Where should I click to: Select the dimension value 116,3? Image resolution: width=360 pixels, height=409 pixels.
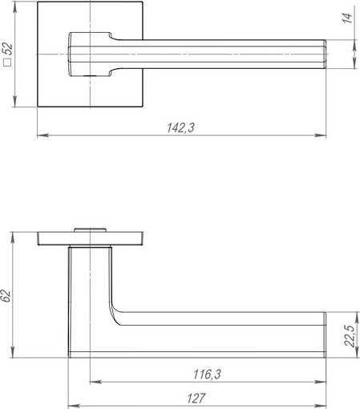pos(207,374)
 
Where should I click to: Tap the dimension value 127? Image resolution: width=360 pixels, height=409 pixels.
pos(196,398)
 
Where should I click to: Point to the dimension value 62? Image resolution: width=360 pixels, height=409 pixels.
pos(6,294)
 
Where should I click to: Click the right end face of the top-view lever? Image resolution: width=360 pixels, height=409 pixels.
pos(325,54)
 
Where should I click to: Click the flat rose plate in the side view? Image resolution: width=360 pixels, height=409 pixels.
pos(91,239)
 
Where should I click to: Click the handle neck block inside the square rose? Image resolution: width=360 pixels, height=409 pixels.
pos(88,54)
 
